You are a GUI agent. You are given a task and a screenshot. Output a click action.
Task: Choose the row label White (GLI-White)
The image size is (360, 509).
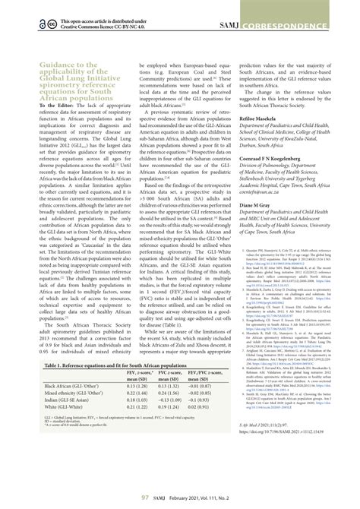pos(68,409)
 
